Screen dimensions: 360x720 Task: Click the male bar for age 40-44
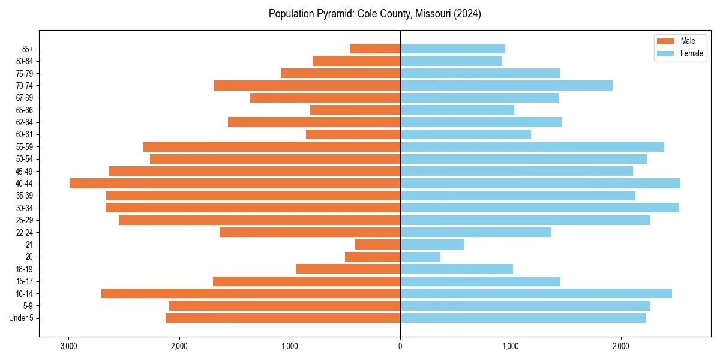[x=235, y=184]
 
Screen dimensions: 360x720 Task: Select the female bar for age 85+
[x=452, y=49]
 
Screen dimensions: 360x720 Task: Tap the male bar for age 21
[x=377, y=245]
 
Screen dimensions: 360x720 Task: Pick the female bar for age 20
[x=420, y=257]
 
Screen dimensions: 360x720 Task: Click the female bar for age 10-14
[x=536, y=293]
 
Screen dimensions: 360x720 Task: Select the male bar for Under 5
[x=283, y=318]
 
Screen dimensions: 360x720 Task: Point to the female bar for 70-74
[x=506, y=86]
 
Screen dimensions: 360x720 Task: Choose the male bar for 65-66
[x=355, y=110]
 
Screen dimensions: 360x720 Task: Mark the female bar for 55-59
[x=532, y=147]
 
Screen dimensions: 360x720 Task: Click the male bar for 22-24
[x=310, y=232]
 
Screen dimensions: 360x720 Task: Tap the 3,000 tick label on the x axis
[x=69, y=346]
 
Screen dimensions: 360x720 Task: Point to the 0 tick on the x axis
[x=400, y=346]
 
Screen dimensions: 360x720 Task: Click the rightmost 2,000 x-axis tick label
[x=621, y=346]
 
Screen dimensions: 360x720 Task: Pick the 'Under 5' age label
[x=22, y=318]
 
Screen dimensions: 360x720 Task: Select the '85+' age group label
[x=27, y=49]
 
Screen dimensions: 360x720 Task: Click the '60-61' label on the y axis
[x=25, y=134]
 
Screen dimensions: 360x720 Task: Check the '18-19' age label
[x=25, y=269]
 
